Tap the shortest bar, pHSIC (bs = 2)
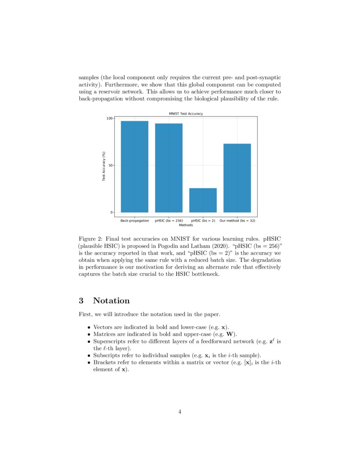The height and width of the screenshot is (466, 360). point(203,200)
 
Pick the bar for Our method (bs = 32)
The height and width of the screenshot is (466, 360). point(237,178)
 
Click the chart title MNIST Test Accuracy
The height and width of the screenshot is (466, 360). point(186,114)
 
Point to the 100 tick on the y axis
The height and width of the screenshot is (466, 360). point(109,119)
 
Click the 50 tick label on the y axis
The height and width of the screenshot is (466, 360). point(110,166)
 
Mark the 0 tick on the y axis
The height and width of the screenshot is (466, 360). point(111,212)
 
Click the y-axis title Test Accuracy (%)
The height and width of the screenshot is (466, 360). point(103,166)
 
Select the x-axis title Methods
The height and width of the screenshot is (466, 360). point(186,225)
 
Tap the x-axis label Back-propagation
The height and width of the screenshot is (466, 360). point(135,221)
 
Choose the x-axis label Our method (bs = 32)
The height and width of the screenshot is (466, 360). point(237,221)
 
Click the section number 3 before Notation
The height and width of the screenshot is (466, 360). point(81,301)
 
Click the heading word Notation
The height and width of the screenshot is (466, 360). point(111,301)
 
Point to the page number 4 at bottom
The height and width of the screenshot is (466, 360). point(180,411)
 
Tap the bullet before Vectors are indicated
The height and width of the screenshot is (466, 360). point(89,327)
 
